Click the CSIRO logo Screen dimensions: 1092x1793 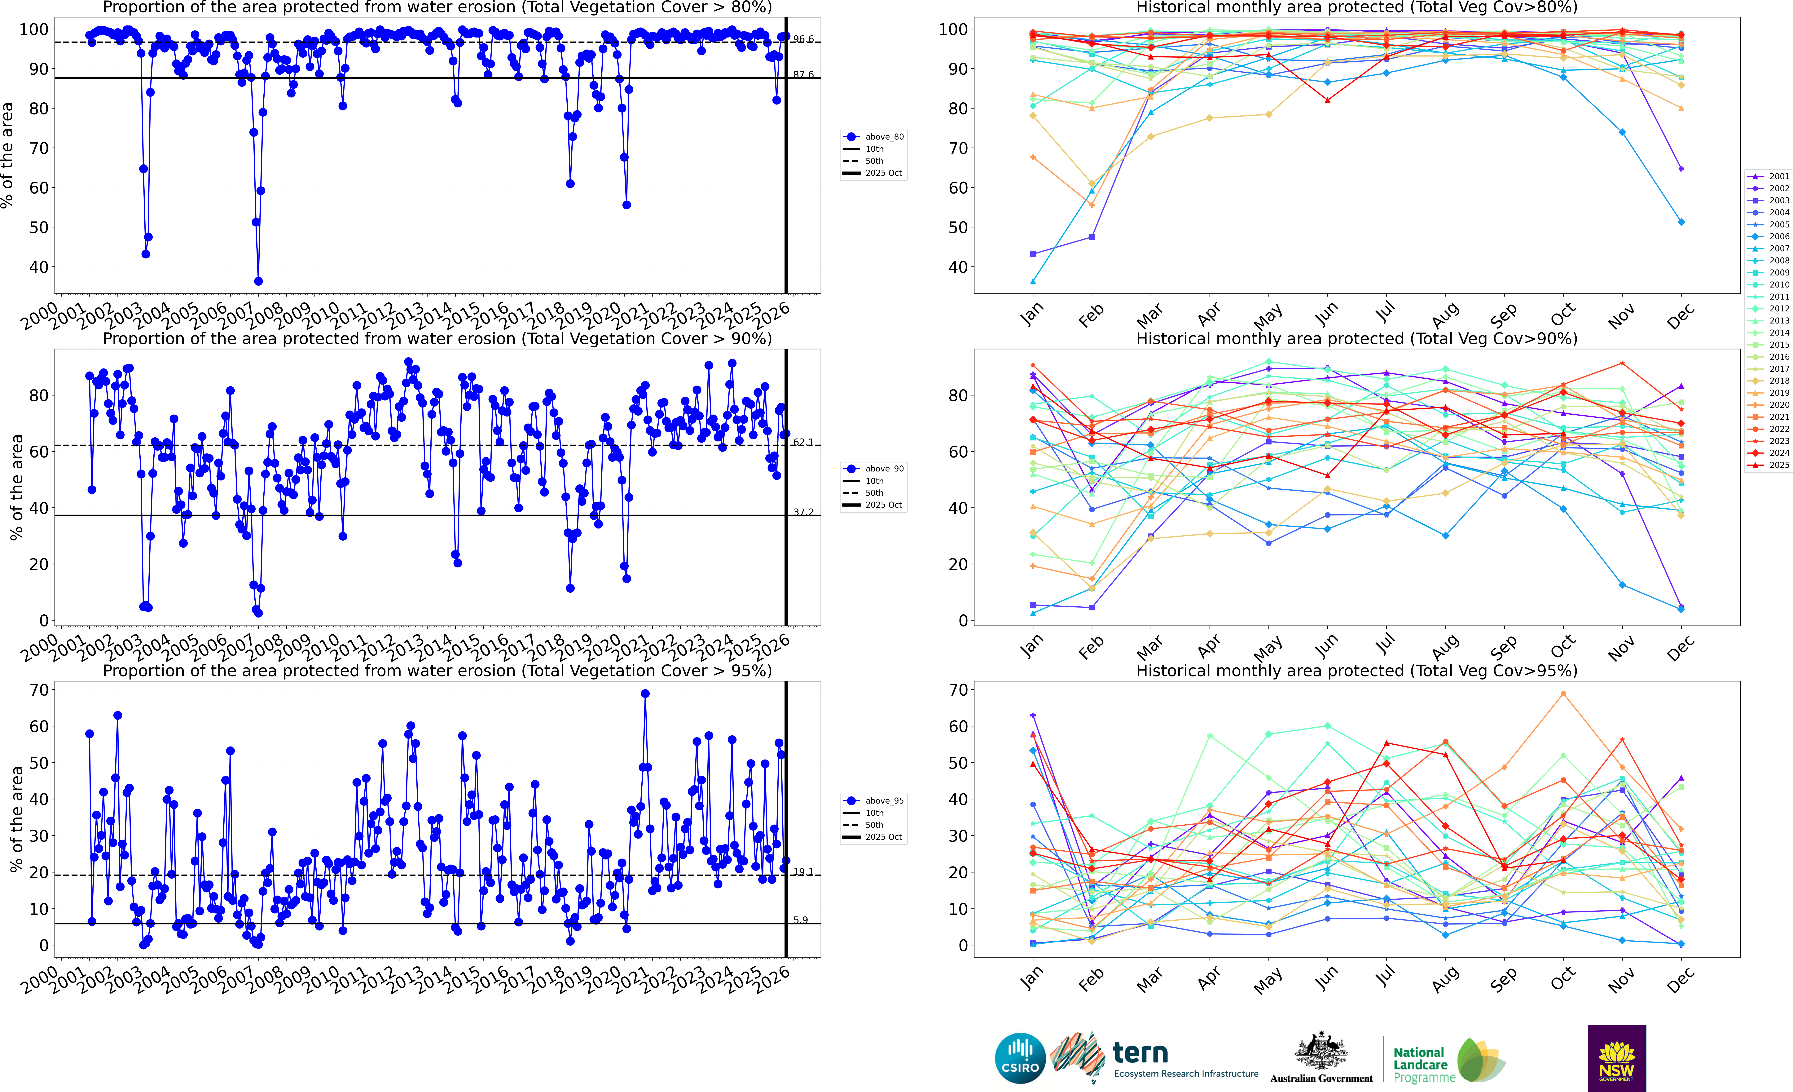[1019, 1058]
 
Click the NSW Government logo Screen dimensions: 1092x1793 [1616, 1058]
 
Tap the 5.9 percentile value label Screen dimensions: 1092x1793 [800, 920]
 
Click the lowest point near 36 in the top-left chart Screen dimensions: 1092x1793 [258, 281]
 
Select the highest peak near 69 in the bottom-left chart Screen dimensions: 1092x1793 [645, 694]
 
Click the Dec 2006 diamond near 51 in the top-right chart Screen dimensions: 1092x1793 [1681, 222]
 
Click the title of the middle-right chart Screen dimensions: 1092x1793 [1356, 339]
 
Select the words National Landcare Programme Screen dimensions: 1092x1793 [1423, 1064]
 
